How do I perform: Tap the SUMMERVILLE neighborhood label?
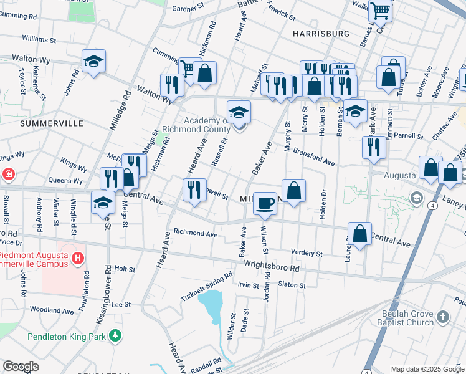[x=52, y=123]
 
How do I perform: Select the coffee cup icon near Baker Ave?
[x=265, y=203]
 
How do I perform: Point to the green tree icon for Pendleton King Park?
[x=115, y=337]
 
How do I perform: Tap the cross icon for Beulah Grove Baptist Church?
[x=442, y=317]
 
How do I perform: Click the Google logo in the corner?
[x=21, y=367]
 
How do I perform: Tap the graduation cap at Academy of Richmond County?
[x=239, y=112]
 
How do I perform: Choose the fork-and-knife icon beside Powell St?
[x=194, y=189]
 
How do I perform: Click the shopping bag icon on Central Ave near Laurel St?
[x=359, y=234]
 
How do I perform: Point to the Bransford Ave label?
[x=314, y=157]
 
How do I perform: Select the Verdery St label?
[x=307, y=254]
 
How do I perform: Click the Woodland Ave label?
[x=52, y=310]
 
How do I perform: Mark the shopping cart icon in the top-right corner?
[x=380, y=10]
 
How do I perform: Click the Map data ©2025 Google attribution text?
[x=427, y=369]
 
